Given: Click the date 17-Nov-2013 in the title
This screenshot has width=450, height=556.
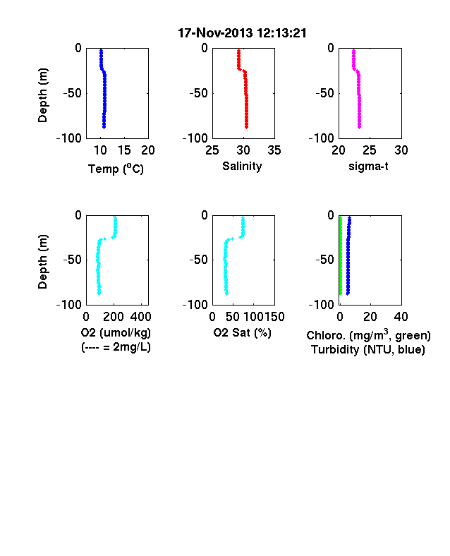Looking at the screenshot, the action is point(217,33).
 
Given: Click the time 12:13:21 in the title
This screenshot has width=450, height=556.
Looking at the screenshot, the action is point(281,33).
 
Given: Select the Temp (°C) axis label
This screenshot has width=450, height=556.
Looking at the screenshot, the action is point(116,169).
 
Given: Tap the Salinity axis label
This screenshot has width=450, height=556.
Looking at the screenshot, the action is point(242,166).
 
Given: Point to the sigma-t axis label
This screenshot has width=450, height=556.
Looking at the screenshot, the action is point(368,166).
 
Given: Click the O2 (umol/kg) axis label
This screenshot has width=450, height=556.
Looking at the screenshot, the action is point(116,332).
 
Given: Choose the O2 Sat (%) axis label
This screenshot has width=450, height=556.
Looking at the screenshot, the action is point(242,332).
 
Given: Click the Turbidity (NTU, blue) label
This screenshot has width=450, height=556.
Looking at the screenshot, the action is point(368,350).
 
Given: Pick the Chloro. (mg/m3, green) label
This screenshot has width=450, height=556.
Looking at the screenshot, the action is point(368,334).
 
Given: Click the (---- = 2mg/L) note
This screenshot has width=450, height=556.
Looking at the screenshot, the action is point(116,346).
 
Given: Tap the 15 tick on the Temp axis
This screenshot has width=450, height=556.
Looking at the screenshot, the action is point(124,150).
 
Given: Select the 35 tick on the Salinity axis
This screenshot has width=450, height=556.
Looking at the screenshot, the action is point(274,150).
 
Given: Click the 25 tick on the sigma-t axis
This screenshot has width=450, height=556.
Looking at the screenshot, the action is point(369,150).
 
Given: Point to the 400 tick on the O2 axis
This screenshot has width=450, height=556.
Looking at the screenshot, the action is point(140,317).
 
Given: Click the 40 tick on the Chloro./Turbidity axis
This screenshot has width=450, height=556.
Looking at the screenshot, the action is point(401,317).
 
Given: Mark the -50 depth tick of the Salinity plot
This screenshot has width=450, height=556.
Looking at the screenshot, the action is point(198,93).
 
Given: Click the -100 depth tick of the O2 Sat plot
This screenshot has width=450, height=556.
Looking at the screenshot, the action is point(195,305).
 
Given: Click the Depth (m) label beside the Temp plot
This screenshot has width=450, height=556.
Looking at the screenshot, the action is point(42,95).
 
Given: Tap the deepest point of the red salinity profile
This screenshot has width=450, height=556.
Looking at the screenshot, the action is point(246,127).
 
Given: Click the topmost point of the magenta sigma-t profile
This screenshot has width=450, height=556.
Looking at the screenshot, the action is point(353,51).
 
